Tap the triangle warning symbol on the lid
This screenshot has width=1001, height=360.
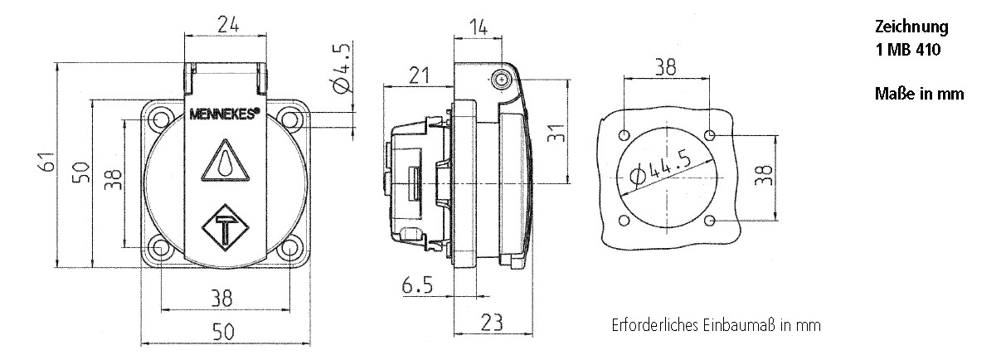225,161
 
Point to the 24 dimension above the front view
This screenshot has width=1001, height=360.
229,26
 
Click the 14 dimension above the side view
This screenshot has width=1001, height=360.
479,27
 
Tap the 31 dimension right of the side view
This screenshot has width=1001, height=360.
556,132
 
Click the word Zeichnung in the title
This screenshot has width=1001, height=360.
911,27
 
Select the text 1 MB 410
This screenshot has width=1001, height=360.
909,49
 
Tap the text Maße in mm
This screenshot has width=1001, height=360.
919,94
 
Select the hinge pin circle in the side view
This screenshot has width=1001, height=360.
503,80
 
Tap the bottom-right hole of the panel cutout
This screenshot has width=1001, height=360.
712,220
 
